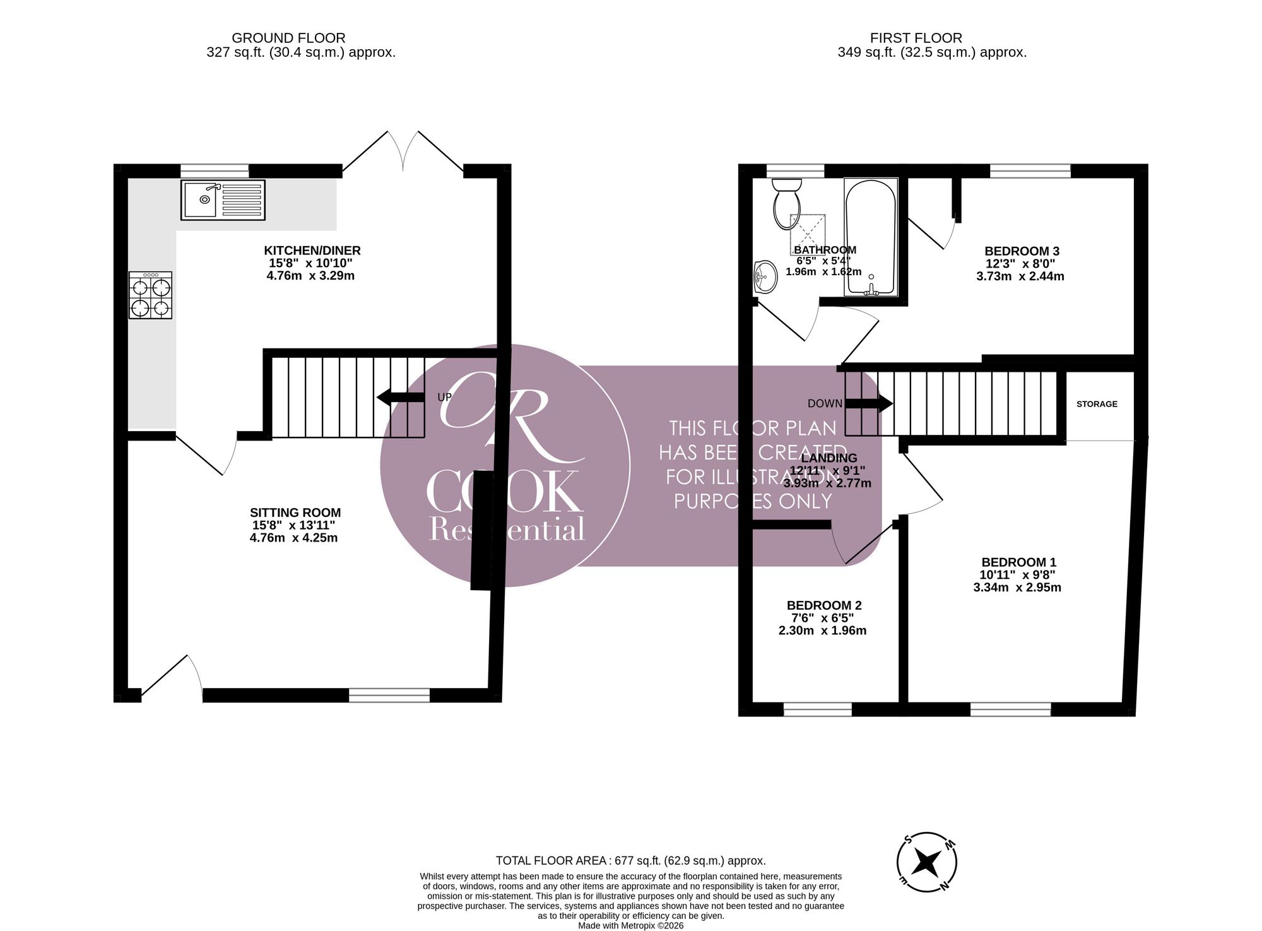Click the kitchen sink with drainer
[x=223, y=200]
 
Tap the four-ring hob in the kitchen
[x=151, y=295]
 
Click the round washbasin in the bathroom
[x=765, y=276]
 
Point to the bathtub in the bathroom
[x=871, y=237]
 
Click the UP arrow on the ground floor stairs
[x=401, y=397]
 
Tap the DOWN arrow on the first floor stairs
[x=869, y=403]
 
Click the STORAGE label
[x=1097, y=404]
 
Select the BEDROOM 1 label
[x=1018, y=562]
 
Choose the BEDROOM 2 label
[x=823, y=605]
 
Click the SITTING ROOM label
[x=295, y=513]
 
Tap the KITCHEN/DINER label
[x=312, y=251]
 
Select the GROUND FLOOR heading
[x=288, y=38]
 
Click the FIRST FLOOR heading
[x=916, y=38]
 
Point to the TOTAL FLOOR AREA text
[x=631, y=860]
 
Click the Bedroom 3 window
[x=1030, y=170]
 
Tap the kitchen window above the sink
[x=215, y=170]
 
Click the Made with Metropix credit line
[x=631, y=926]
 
